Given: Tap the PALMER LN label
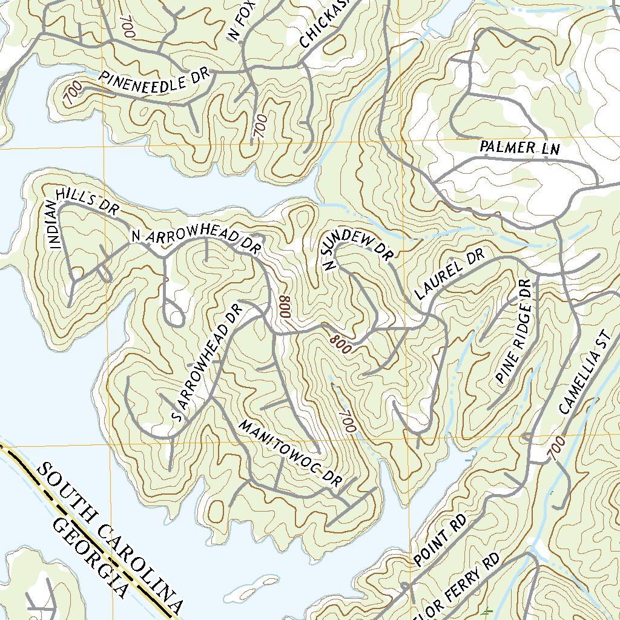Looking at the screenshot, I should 519,147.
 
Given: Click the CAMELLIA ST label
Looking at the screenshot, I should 582,376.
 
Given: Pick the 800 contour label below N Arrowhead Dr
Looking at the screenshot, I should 285,308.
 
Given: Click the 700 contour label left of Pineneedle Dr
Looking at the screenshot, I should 72,94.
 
